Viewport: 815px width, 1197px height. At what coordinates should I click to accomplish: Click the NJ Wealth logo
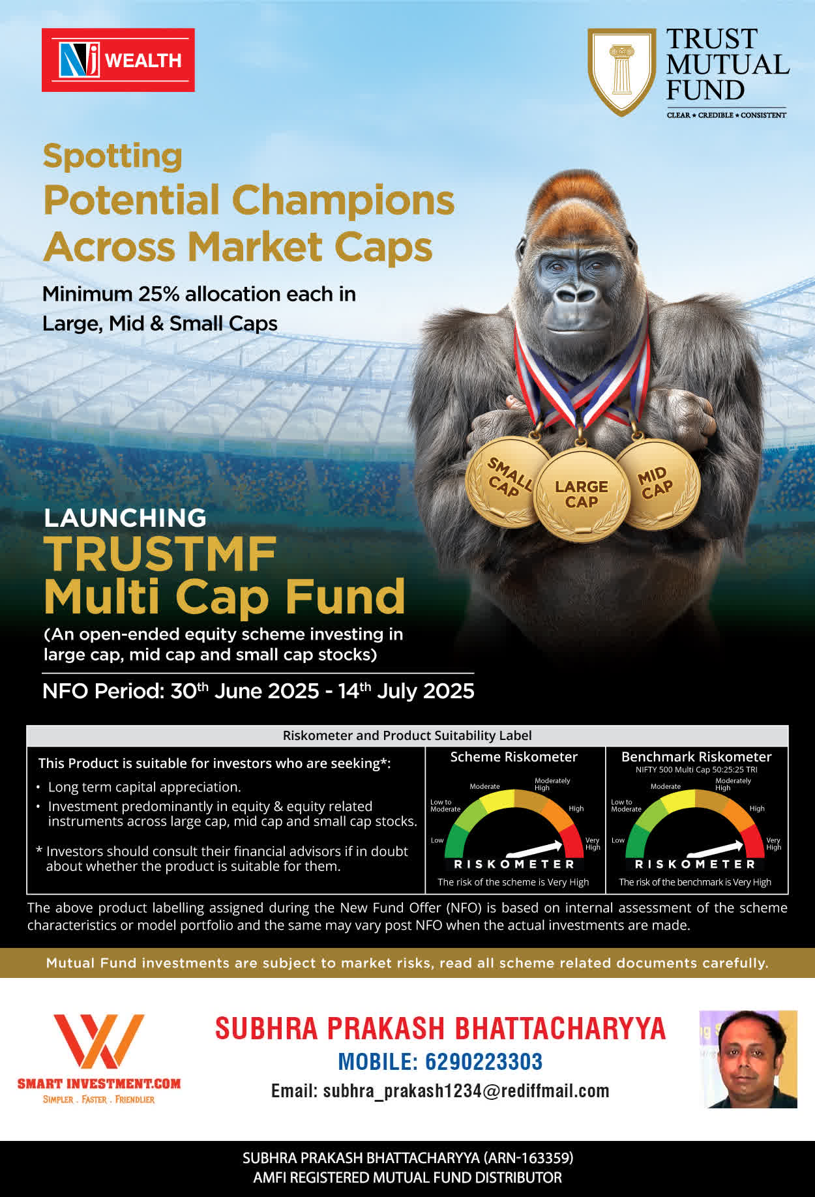[118, 60]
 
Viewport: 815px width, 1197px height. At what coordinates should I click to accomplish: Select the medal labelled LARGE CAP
[582, 495]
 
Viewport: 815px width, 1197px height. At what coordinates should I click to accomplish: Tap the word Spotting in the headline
[113, 157]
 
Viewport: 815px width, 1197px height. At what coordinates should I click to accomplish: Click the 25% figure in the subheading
[158, 294]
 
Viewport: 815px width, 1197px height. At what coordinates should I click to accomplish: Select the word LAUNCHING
[125, 518]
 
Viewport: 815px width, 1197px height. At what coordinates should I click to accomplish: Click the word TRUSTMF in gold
[160, 554]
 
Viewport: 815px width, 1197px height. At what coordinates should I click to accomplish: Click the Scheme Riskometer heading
[514, 757]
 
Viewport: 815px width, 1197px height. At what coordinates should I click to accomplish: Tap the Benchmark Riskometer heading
[696, 757]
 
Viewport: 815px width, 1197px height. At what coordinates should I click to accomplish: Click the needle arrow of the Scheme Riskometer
[534, 848]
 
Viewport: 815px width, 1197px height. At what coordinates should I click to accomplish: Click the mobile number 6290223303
[484, 1061]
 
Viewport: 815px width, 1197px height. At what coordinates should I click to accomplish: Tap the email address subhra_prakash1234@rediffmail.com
[466, 1091]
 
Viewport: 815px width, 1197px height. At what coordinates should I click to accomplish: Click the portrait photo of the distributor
[748, 1059]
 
